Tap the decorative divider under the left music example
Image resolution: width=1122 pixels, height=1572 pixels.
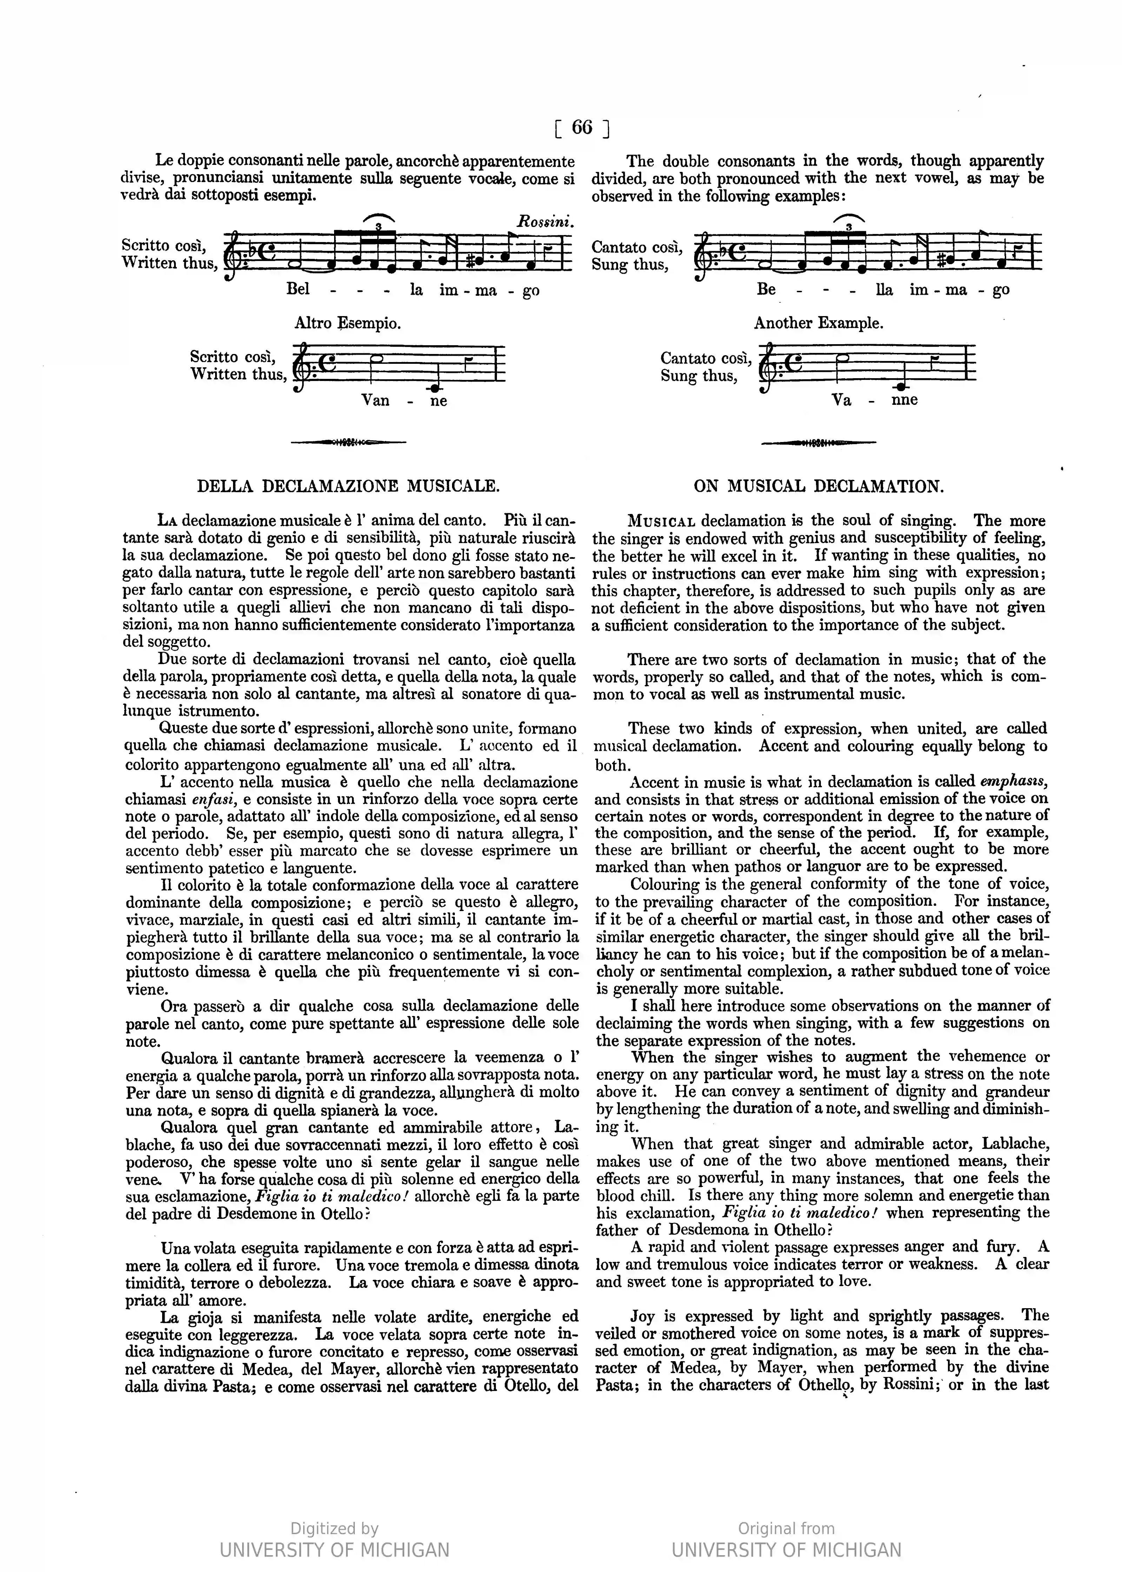pyautogui.click(x=348, y=442)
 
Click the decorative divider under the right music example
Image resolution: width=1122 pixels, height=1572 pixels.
pyautogui.click(x=819, y=442)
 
